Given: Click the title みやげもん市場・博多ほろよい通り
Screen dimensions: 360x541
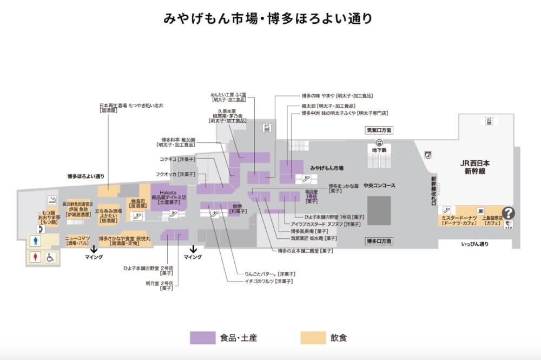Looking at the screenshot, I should [269, 18].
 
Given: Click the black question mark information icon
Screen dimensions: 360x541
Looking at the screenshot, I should [509, 213].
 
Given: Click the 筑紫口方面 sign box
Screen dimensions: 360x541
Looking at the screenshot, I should [378, 130].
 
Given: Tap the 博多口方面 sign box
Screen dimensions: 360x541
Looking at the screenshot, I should [378, 241].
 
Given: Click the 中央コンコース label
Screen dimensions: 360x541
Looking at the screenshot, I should [379, 186].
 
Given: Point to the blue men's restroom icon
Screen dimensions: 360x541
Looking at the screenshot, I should [35, 240].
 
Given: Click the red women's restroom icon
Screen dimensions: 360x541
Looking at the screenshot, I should [35, 257].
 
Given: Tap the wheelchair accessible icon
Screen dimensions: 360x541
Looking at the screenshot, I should [50, 258].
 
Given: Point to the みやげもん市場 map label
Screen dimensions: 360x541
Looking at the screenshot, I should [327, 168].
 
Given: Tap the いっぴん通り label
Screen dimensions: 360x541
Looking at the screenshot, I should [474, 245].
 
